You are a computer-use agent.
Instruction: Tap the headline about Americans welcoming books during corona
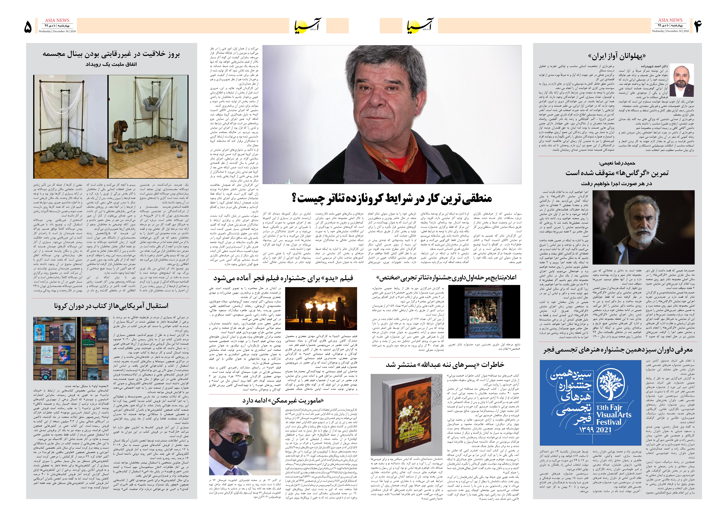[111, 306]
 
